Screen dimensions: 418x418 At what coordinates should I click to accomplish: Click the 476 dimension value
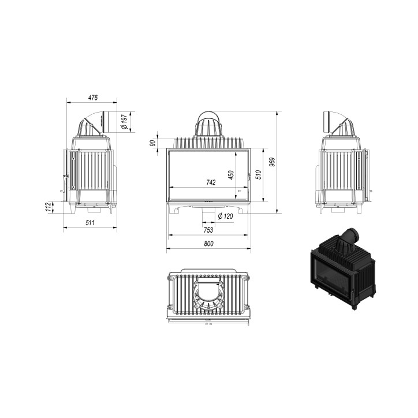93,98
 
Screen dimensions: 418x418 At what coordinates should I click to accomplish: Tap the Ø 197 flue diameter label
125,122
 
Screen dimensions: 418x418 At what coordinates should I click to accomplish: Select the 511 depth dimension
90,223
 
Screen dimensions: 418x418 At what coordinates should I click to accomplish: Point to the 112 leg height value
48,207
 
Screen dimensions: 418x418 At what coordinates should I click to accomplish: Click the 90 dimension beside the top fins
153,143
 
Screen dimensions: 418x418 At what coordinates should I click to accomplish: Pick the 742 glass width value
211,182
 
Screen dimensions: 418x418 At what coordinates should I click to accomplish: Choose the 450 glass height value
231,175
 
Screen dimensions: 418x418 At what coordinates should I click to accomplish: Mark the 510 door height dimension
259,175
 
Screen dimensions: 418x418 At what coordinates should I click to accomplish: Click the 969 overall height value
272,162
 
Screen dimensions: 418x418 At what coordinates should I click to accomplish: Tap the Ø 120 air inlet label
225,216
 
